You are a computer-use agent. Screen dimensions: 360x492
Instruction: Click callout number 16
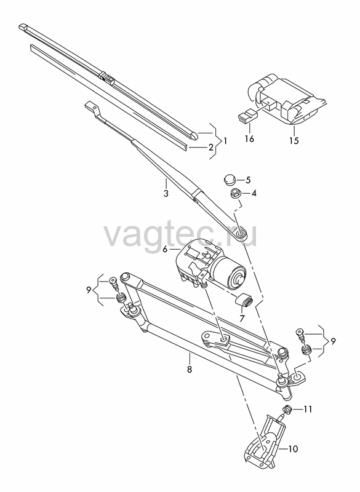coord(249,138)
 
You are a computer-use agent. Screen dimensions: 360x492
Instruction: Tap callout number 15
coord(294,140)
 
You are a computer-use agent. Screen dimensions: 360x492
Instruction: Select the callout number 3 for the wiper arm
coord(166,193)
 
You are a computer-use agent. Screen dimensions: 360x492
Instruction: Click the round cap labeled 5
coord(230,180)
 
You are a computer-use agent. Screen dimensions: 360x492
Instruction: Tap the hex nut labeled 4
coord(234,194)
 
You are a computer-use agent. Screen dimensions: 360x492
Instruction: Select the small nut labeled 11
coord(286,410)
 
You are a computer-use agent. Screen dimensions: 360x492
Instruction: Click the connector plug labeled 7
coord(244,302)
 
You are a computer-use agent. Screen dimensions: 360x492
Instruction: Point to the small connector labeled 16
coord(247,116)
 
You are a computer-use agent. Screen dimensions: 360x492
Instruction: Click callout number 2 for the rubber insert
coord(211,147)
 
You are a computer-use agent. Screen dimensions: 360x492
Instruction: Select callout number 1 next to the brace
coord(225,141)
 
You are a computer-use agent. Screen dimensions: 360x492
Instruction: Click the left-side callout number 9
coord(89,290)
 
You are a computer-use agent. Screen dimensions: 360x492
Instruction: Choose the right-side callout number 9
coord(333,341)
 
